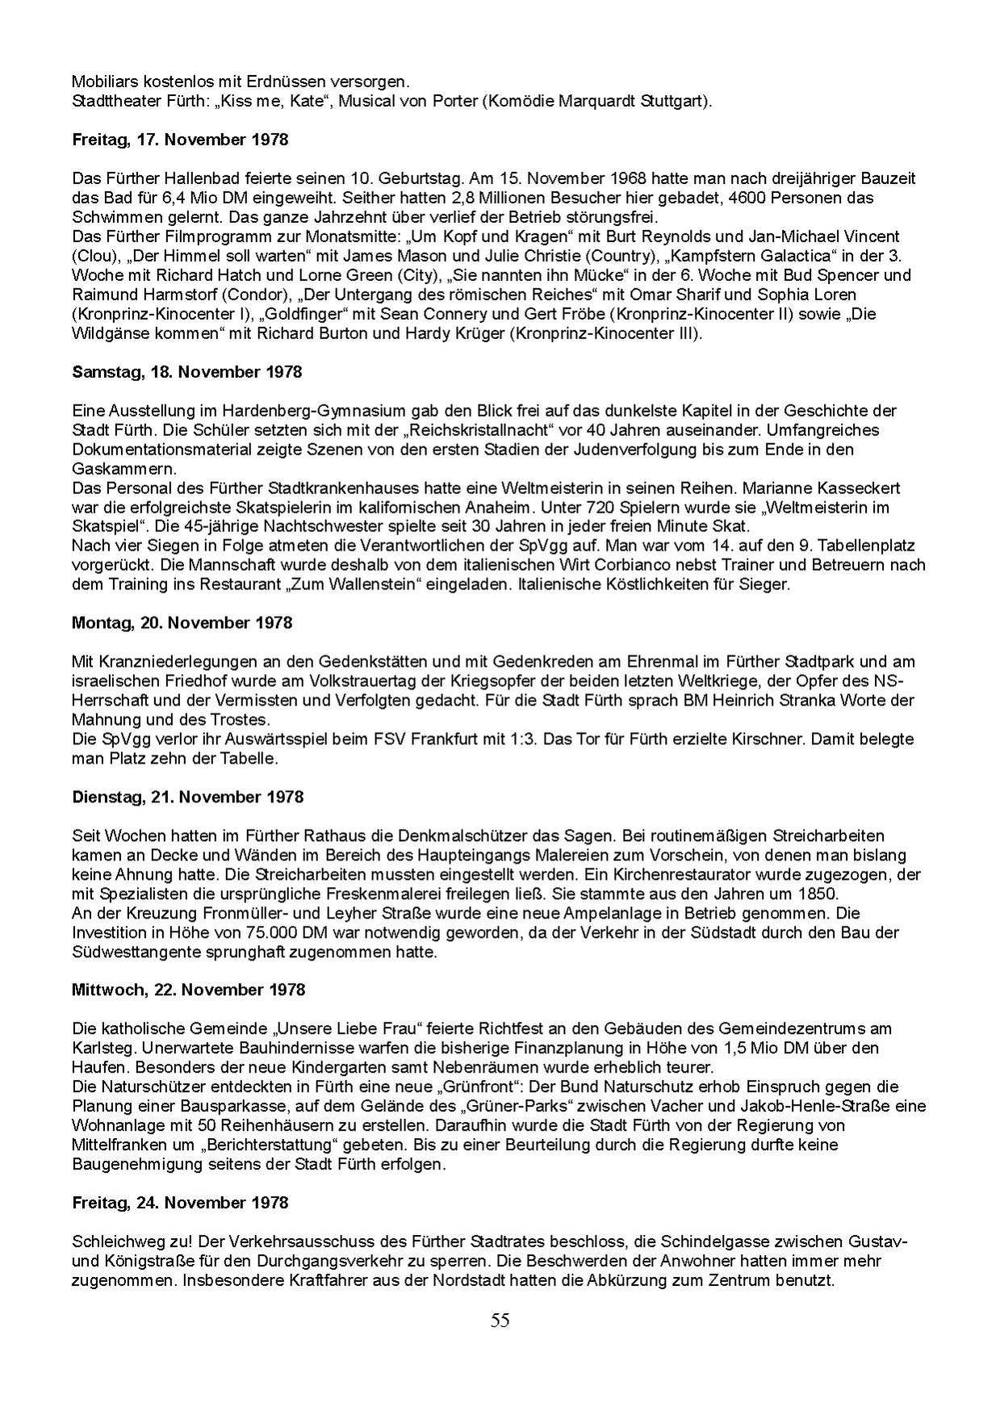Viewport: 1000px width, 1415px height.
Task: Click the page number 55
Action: (500, 1321)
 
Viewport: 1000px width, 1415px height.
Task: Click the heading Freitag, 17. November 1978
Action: (180, 140)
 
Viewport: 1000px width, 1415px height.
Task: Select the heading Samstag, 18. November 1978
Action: (186, 372)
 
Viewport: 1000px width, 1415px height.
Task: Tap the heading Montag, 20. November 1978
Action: (182, 623)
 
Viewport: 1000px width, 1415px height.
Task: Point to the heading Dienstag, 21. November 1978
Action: (188, 798)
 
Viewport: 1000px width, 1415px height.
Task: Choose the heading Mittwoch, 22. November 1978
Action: (188, 990)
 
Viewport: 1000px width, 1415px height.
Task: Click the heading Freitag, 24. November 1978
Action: (180, 1203)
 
